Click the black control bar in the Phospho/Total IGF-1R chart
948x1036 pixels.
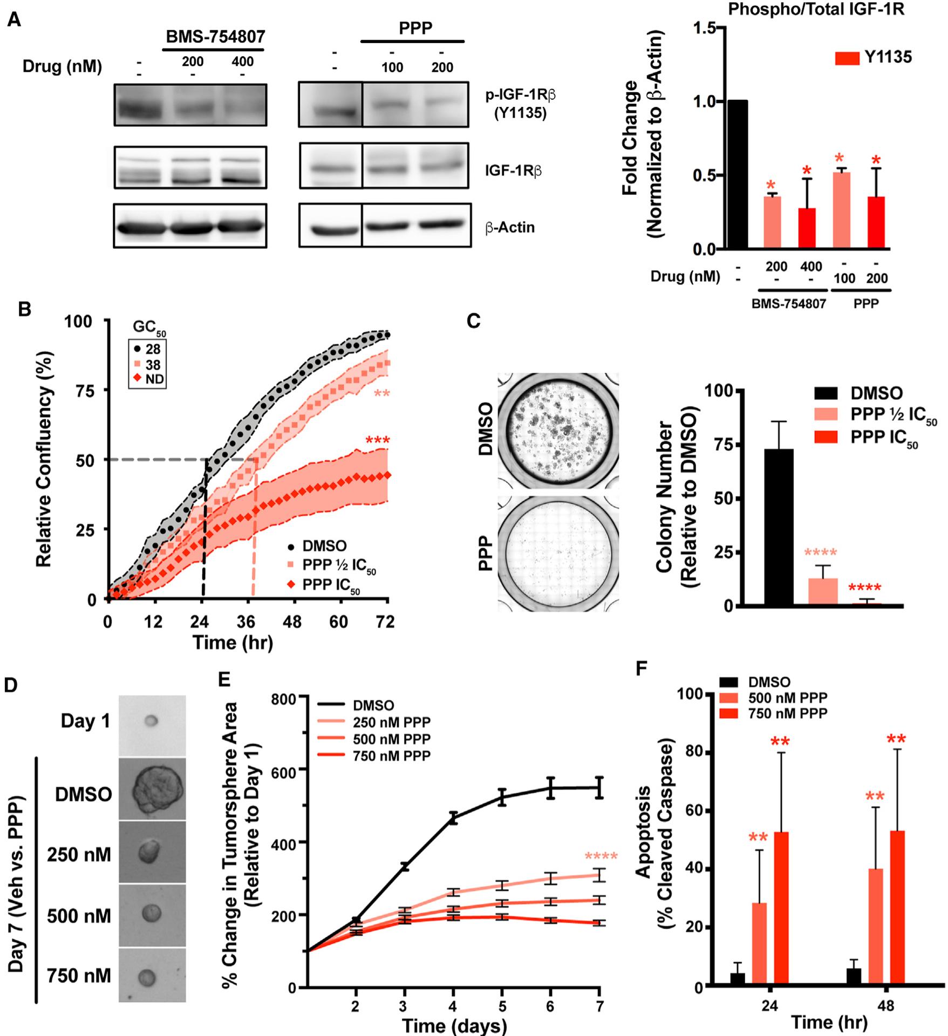coord(737,174)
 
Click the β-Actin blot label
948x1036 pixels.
coord(510,227)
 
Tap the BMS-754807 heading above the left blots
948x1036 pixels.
coord(215,37)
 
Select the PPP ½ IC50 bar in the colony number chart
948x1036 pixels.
coord(823,591)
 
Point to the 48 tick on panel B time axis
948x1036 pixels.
coord(293,622)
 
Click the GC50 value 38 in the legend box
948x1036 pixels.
coord(153,365)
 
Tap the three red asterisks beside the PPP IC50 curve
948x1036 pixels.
coord(378,441)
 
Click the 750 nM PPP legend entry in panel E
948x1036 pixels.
coord(391,756)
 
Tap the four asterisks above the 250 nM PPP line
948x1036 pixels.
coord(601,856)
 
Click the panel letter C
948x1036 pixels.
coord(473,321)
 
